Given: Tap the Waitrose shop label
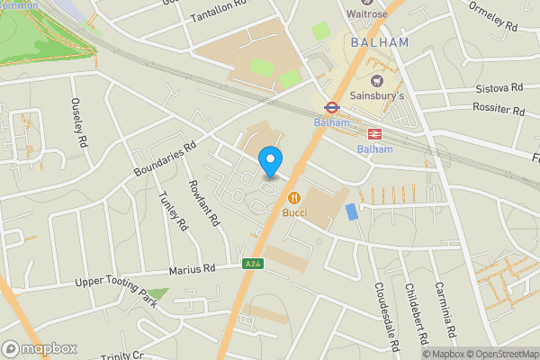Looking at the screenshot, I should pos(368,13).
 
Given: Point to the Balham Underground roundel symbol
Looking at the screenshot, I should pos(331,107).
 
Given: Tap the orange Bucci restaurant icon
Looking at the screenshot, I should pos(293,198).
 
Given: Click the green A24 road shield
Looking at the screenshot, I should pos(254,265).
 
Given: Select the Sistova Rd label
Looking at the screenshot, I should pos(499,89).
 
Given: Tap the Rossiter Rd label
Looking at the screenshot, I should pos(498,109).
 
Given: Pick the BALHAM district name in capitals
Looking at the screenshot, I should pos(379,42).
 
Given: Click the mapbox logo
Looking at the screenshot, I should pos(40,348).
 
